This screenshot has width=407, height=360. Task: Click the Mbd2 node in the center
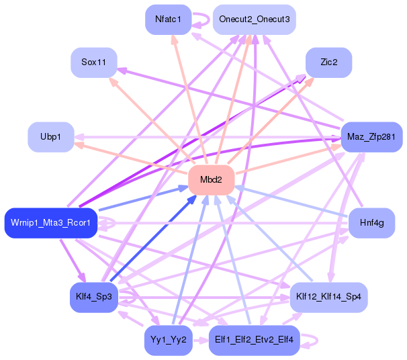[211, 180]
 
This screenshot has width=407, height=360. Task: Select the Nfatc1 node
[168, 19]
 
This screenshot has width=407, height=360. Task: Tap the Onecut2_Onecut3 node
[254, 19]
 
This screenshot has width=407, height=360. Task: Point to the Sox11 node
[94, 62]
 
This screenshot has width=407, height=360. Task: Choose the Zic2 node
[328, 62]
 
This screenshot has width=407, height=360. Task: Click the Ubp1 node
[50, 137]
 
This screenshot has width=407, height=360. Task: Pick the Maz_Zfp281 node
[371, 137]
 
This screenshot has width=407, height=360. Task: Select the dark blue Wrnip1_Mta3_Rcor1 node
[51, 222]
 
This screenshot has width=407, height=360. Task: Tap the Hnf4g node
[371, 222]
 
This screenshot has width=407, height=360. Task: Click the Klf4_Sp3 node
[94, 297]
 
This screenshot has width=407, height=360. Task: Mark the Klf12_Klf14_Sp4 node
[328, 297]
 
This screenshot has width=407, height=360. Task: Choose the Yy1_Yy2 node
[168, 340]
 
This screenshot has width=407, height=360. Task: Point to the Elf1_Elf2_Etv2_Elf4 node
[254, 340]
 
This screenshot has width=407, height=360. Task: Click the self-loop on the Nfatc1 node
[201, 19]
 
